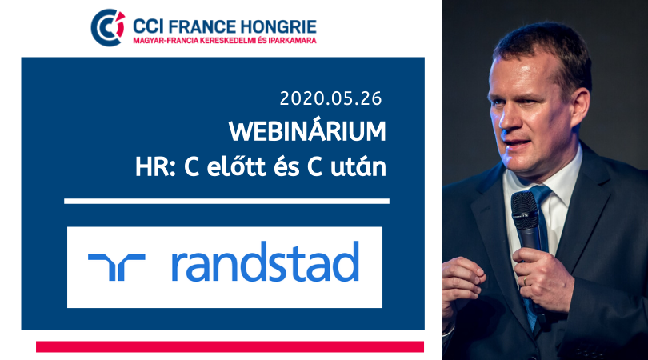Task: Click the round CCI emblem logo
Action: click(x=108, y=28)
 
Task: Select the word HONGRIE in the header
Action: click(x=278, y=27)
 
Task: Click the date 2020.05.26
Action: click(x=330, y=98)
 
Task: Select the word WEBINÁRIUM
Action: click(x=307, y=131)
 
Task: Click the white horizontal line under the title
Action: click(x=226, y=202)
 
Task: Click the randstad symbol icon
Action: click(x=117, y=267)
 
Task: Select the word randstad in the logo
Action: click(x=265, y=262)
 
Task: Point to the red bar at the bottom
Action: click(x=230, y=346)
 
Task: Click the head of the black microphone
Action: click(x=525, y=209)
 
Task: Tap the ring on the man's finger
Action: click(x=525, y=281)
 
